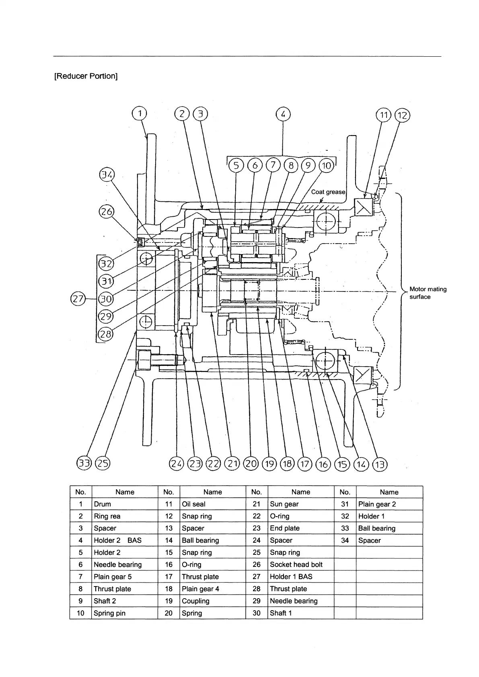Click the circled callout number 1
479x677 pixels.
(140, 114)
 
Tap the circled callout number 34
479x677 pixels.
(107, 175)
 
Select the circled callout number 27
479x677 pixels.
(77, 299)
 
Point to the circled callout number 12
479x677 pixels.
(402, 116)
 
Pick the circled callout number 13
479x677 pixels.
(379, 465)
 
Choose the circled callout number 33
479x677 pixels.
(84, 464)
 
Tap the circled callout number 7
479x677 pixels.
(273, 165)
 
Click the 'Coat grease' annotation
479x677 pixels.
(328, 192)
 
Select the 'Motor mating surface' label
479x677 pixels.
(428, 293)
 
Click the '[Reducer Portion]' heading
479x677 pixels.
(86, 76)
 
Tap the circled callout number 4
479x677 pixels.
(283, 115)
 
